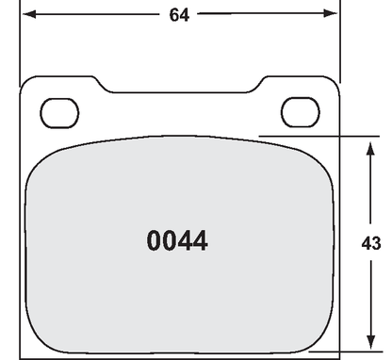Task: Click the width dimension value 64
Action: pyautogui.click(x=178, y=15)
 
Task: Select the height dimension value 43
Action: pyautogui.click(x=371, y=242)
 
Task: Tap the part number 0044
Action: pyautogui.click(x=177, y=241)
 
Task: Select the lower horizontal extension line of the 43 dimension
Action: pyautogui.click(x=358, y=351)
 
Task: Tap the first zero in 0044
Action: pyautogui.click(x=155, y=241)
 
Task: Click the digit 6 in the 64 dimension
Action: pyautogui.click(x=172, y=15)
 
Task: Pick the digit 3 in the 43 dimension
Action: pyautogui.click(x=376, y=242)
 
